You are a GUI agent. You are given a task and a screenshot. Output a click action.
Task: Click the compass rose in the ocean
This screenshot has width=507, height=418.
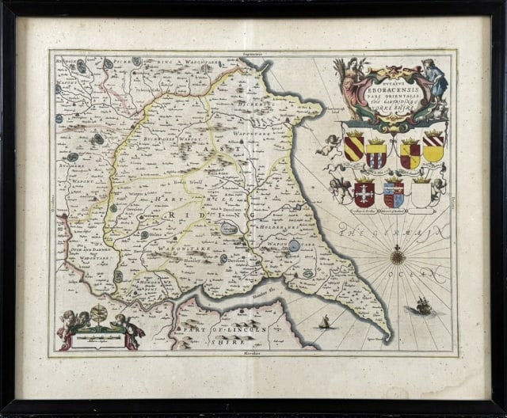[x=398, y=256]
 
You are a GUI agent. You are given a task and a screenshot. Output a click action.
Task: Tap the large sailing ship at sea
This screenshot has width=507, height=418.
[x=423, y=305]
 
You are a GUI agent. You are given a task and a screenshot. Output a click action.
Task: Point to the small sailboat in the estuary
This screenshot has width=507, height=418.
[x=323, y=321]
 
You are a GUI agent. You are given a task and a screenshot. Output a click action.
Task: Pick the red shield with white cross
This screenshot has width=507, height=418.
[x=364, y=192]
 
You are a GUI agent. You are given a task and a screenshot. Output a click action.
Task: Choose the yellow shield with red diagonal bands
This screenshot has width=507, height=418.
[x=355, y=146]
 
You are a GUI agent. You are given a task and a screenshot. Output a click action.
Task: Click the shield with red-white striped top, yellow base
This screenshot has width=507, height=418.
[x=433, y=146]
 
